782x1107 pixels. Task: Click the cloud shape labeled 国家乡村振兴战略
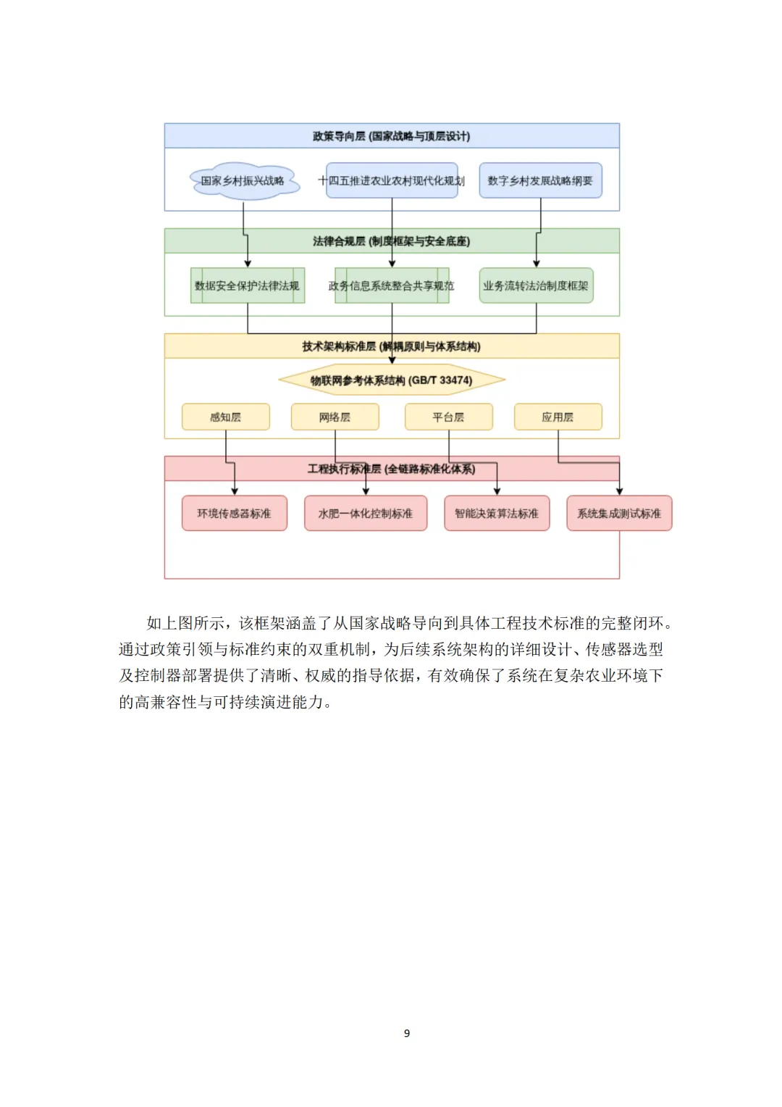pyautogui.click(x=244, y=180)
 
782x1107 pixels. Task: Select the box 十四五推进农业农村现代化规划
pyautogui.click(x=392, y=180)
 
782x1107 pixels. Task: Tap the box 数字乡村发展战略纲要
pyautogui.click(x=540, y=180)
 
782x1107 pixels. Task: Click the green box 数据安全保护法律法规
pyautogui.click(x=247, y=285)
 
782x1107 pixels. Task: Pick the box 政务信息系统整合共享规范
pyautogui.click(x=392, y=285)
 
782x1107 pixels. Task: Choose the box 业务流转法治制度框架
pyautogui.click(x=536, y=285)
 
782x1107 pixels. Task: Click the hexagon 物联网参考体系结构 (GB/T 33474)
pyautogui.click(x=392, y=380)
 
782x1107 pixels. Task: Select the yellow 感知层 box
pyautogui.click(x=226, y=417)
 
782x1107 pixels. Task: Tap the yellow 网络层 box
pyautogui.click(x=335, y=417)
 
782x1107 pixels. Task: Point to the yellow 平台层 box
pyautogui.click(x=448, y=417)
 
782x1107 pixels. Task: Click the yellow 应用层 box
pyautogui.click(x=558, y=417)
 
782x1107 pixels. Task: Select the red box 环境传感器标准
pyautogui.click(x=234, y=513)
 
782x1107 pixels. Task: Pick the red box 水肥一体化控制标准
pyautogui.click(x=366, y=513)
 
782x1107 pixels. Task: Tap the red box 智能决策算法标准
pyautogui.click(x=497, y=513)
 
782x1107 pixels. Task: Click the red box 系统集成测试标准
pyautogui.click(x=619, y=513)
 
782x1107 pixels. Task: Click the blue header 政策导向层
pyautogui.click(x=392, y=136)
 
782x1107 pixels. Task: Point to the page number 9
pyautogui.click(x=407, y=1033)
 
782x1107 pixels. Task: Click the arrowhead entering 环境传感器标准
pyautogui.click(x=235, y=491)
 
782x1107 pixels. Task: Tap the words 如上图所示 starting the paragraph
pyautogui.click(x=185, y=623)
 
